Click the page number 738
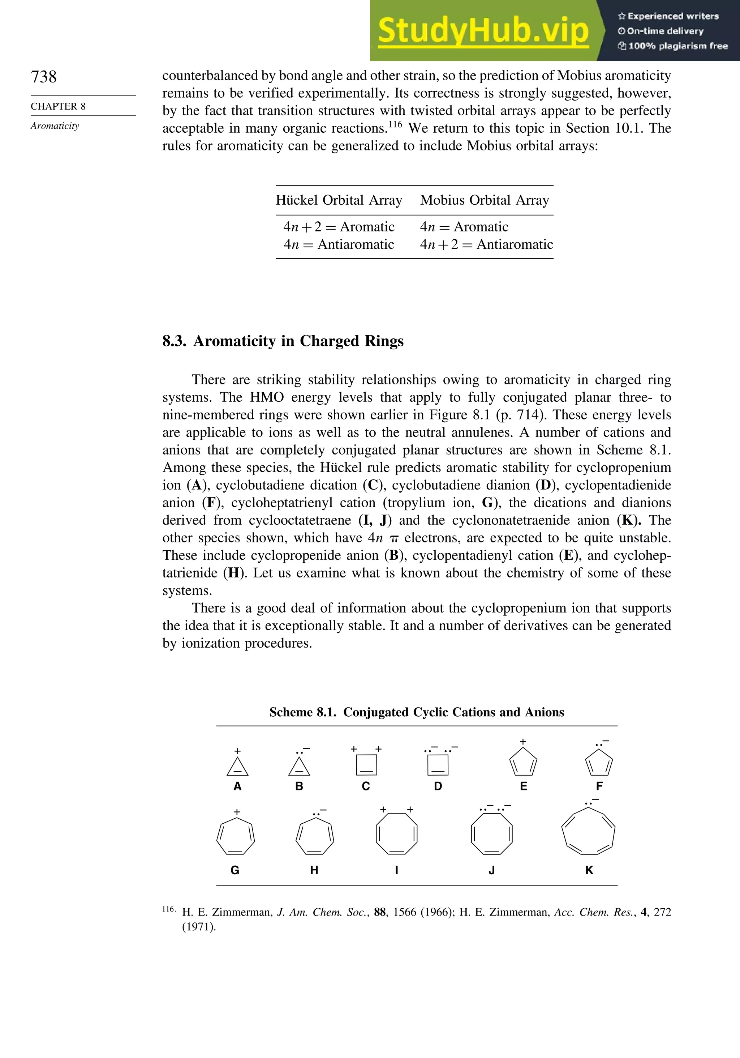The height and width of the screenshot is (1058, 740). click(x=44, y=77)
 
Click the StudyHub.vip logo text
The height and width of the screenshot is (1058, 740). click(x=483, y=31)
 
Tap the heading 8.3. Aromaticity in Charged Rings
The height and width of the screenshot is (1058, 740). click(x=283, y=341)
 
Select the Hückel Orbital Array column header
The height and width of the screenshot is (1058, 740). click(x=339, y=200)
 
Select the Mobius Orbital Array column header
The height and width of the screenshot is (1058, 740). click(x=485, y=200)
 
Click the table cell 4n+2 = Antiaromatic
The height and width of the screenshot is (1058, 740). click(x=486, y=244)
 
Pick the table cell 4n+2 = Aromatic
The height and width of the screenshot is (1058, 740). click(x=339, y=227)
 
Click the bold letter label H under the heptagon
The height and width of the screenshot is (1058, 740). click(x=314, y=870)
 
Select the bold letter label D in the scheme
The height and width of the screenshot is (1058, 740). click(x=438, y=786)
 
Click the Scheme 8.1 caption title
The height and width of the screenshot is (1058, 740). click(x=416, y=712)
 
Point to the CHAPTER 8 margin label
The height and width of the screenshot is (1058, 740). click(x=58, y=106)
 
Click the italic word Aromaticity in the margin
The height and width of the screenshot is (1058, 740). click(x=55, y=126)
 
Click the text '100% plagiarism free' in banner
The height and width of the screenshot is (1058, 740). click(x=677, y=46)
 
